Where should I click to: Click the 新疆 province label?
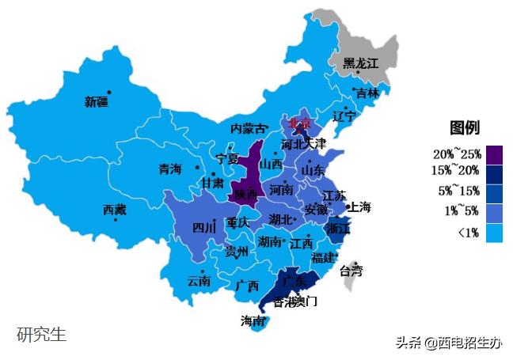97,101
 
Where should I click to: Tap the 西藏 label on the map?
114,210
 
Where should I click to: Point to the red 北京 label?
300,123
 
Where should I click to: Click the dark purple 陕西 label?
244,194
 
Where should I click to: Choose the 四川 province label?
203,228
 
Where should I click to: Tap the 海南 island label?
253,321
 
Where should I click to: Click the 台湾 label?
351,271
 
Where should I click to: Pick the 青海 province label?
170,169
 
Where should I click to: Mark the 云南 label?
199,281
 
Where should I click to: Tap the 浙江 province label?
338,228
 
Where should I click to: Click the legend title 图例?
465,128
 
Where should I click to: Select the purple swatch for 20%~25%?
494,153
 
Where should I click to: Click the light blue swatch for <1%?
494,233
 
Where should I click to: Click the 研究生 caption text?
42,334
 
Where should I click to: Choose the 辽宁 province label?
344,116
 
